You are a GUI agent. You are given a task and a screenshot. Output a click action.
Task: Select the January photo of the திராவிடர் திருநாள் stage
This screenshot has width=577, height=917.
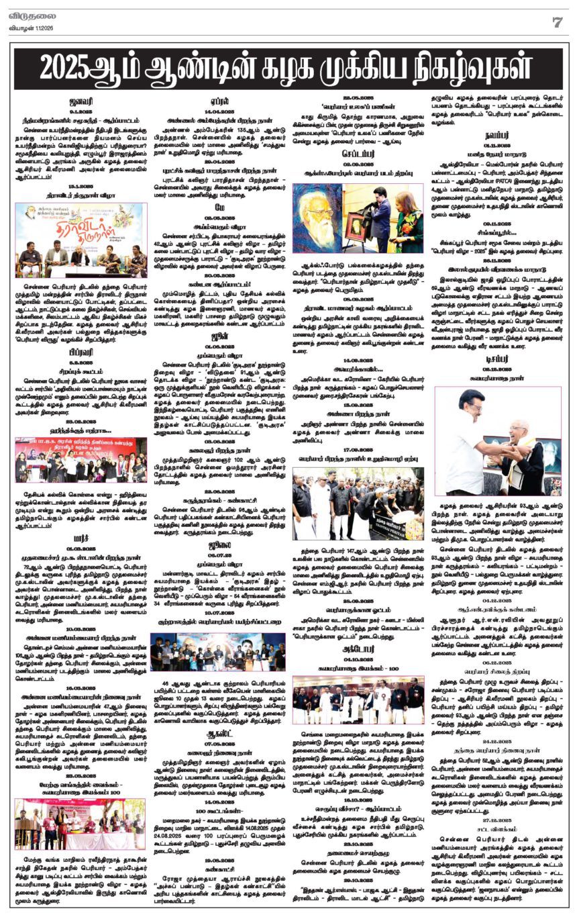81,240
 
